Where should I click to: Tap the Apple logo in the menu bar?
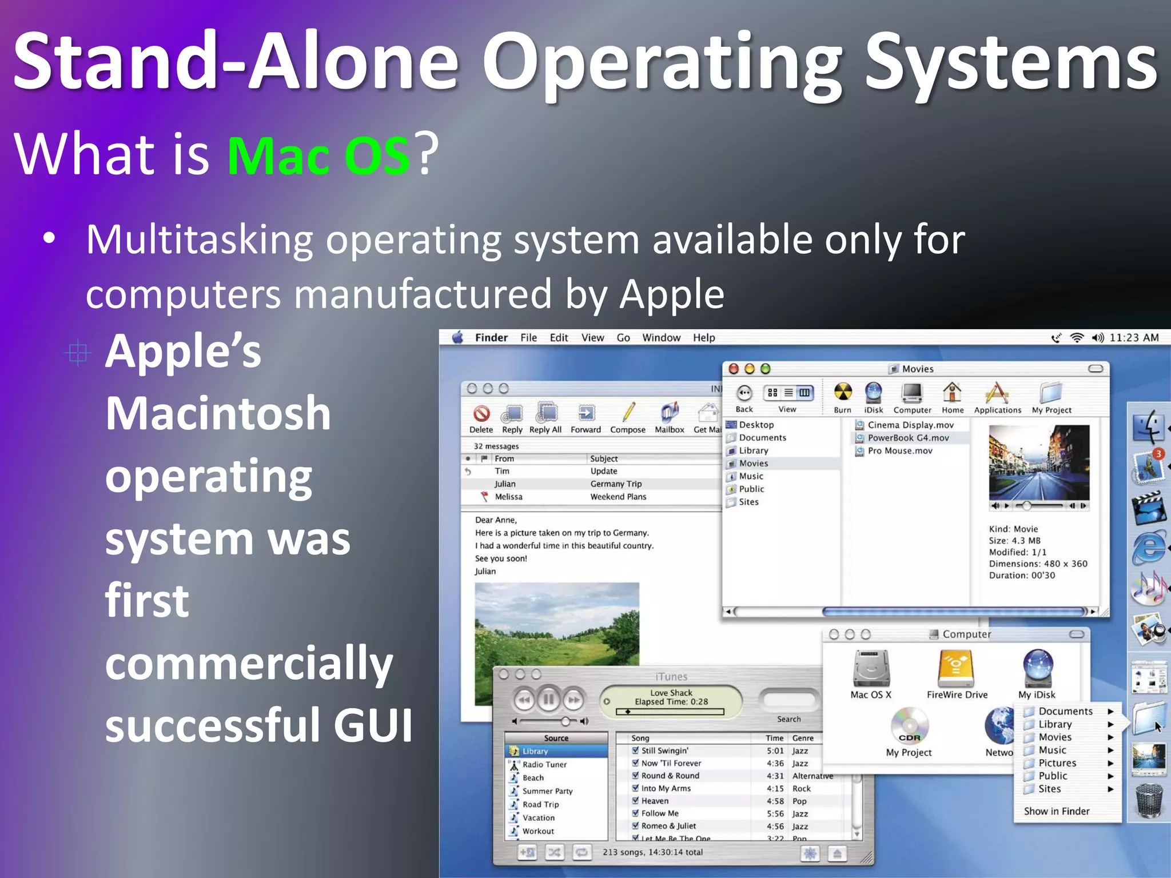[x=458, y=338]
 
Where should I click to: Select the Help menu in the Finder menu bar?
[x=704, y=338]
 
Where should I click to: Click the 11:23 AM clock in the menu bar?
[x=1134, y=338]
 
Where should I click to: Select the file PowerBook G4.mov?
[x=908, y=438]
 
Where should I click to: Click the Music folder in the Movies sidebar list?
[x=751, y=476]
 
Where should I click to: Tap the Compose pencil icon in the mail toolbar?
[x=628, y=412]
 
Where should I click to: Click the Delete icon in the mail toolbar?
[x=481, y=413]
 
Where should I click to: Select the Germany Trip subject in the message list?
[x=616, y=484]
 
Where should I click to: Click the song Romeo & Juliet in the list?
[x=668, y=826]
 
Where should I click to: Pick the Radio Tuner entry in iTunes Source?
[x=544, y=765]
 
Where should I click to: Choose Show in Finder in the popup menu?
[x=1057, y=811]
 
